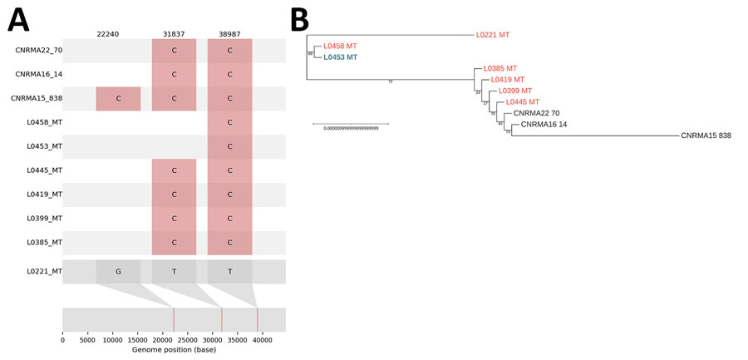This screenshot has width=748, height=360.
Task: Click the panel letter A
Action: pos(18,18)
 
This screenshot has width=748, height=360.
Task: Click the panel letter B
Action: pos(299,18)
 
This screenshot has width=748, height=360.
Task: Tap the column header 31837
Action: pos(174,33)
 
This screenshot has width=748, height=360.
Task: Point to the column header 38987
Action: pos(229,33)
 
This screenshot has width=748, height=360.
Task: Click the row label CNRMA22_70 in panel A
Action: pos(38,50)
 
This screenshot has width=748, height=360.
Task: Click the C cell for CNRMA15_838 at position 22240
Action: pos(118,98)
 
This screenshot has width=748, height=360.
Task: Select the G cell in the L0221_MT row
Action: pos(118,271)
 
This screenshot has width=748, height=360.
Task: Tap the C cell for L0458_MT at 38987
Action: pos(229,122)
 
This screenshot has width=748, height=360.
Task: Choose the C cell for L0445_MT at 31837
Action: pos(174,170)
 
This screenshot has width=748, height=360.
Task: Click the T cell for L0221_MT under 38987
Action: pos(229,271)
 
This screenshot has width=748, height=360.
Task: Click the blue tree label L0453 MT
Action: pos(341,57)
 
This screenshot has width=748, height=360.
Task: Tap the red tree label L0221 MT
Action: pos(493,35)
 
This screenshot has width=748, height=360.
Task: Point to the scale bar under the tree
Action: pos(350,124)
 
